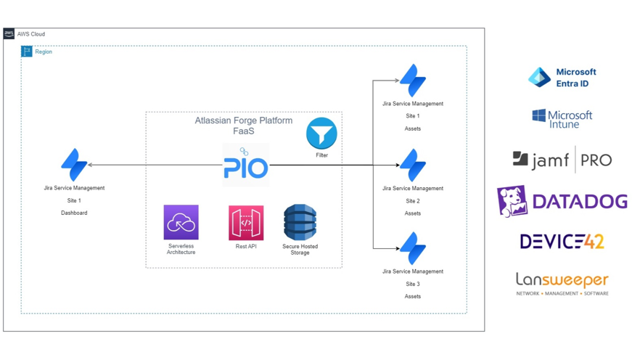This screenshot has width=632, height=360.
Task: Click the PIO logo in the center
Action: coord(245,165)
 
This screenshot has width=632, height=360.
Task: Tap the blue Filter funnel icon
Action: coord(321,134)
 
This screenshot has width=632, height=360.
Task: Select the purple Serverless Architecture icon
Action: coord(181,223)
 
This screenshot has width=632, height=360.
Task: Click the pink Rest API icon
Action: coord(246,223)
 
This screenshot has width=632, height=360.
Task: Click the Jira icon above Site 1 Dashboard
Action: coord(74,165)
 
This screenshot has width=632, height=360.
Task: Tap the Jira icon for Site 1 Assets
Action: coord(413,81)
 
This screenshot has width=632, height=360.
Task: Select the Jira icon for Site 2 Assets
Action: coord(413,165)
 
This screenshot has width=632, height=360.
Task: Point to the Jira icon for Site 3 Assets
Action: coord(413,248)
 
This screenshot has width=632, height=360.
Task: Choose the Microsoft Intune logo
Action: coord(562,118)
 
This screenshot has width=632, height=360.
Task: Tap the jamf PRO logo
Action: coord(562,160)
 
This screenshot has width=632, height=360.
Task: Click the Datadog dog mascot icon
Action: coord(512,201)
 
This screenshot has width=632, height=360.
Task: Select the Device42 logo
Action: coord(562,242)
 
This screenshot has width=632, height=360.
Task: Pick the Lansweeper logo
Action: coord(562,283)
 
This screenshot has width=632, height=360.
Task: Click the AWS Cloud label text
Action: coord(31,34)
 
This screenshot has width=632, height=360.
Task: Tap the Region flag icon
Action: coord(27,52)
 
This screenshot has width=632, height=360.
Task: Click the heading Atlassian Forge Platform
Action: coord(243,120)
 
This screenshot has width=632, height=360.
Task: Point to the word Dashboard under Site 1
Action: coord(74,213)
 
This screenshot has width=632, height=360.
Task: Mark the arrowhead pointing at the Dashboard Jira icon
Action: coord(90,165)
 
